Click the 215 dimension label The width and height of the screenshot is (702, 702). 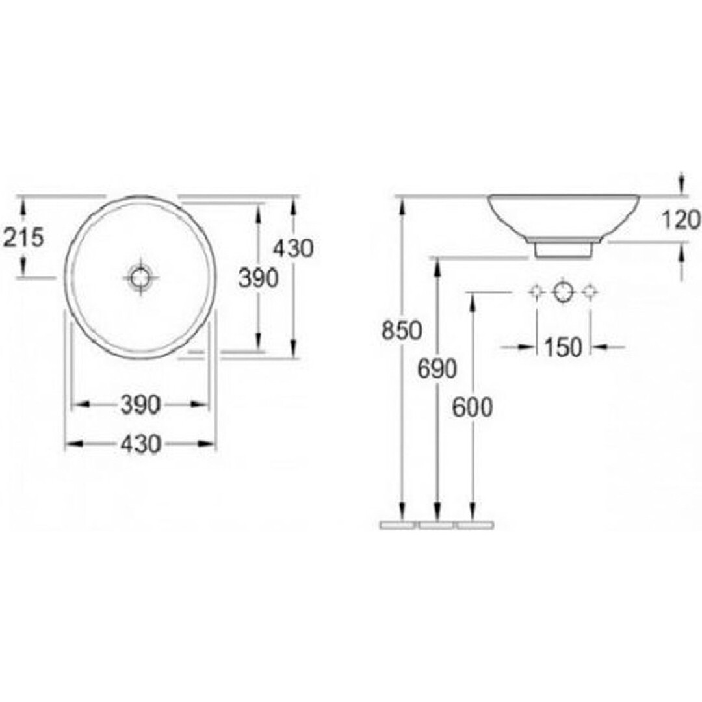point(23,237)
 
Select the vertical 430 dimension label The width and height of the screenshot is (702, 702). point(293,248)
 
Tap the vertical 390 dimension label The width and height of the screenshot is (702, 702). point(258,278)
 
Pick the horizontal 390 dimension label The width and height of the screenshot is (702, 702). point(140,406)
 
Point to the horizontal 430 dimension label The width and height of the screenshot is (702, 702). point(140,445)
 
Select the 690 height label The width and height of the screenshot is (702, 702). point(437,369)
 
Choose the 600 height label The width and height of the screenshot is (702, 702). point(473,408)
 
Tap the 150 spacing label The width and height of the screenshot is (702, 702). point(563,347)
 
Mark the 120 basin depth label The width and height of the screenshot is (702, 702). point(681,220)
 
